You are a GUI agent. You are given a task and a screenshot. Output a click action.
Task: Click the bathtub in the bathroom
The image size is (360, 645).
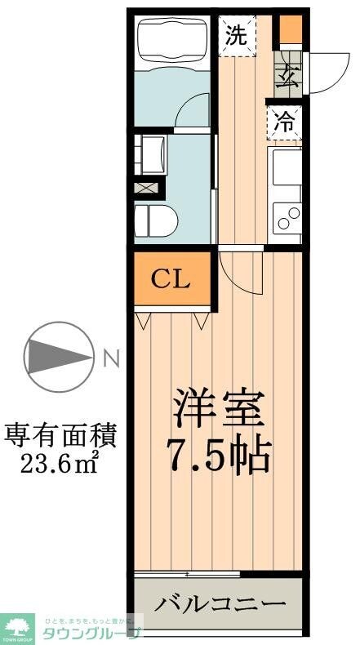click(x=172, y=39)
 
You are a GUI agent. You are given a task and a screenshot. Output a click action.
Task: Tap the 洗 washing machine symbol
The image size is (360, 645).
click(x=236, y=34)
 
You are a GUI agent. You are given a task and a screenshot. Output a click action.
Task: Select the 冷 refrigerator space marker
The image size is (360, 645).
click(x=284, y=123)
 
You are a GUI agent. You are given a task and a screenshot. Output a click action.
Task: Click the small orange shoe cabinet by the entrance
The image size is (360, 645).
click(x=290, y=29)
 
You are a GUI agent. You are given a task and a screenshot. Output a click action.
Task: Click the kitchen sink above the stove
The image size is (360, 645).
click(x=286, y=167)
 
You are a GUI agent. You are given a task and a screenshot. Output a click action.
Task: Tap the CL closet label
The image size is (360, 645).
click(x=171, y=279)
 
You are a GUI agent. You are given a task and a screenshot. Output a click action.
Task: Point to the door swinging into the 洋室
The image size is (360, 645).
click(x=242, y=274)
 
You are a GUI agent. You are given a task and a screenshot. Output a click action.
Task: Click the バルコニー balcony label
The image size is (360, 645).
click(x=220, y=605)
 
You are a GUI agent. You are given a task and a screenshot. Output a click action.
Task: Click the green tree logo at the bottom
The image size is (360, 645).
click(x=17, y=629)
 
